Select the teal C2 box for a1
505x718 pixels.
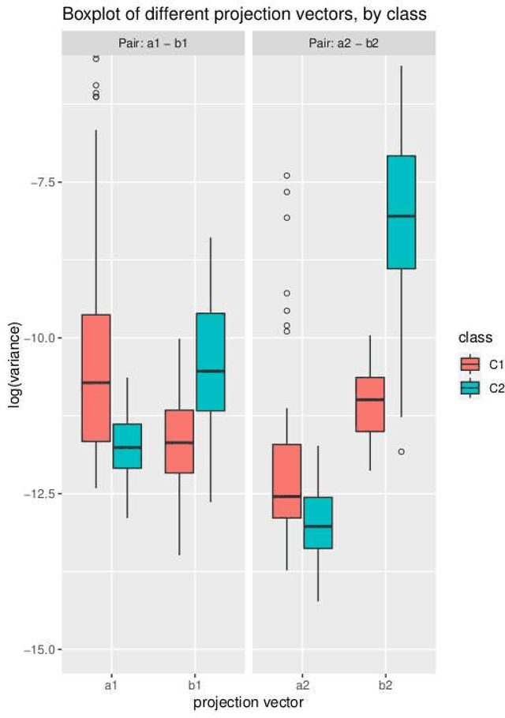click(126, 446)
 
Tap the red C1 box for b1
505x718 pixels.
click(179, 441)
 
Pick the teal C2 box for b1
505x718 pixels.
click(210, 362)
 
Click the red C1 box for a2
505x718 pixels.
click(286, 481)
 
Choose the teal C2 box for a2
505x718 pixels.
click(317, 522)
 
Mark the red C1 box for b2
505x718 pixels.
click(370, 404)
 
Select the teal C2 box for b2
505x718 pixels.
click(401, 212)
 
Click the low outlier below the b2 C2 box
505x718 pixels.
click(401, 451)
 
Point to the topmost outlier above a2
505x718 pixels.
click(286, 175)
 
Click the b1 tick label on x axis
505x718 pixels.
click(195, 686)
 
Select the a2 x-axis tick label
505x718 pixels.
click(302, 686)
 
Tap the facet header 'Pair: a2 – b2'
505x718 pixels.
click(343, 43)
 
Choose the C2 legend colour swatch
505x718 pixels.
click(470, 387)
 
